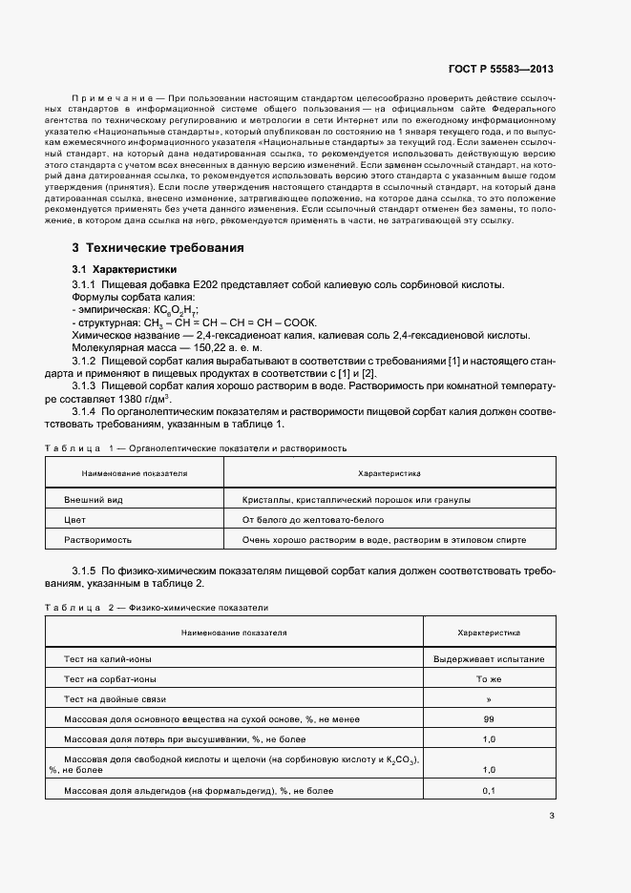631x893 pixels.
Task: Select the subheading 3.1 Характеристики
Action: coord(122,270)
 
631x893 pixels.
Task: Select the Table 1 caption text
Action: coord(196,447)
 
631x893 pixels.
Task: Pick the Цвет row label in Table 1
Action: coord(74,520)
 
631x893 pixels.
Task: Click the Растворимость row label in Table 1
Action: coord(96,540)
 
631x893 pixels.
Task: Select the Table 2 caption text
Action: coord(157,607)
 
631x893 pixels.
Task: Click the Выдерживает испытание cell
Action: coord(489,659)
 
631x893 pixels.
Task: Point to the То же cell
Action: coord(489,679)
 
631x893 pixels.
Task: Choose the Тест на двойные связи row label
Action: coord(112,699)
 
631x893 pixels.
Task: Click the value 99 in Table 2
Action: coord(489,719)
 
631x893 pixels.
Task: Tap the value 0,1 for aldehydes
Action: coord(489,791)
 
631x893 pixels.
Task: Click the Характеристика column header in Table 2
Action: coord(489,632)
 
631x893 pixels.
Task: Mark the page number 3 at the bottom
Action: coord(553,815)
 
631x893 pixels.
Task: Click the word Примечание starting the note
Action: coord(113,99)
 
